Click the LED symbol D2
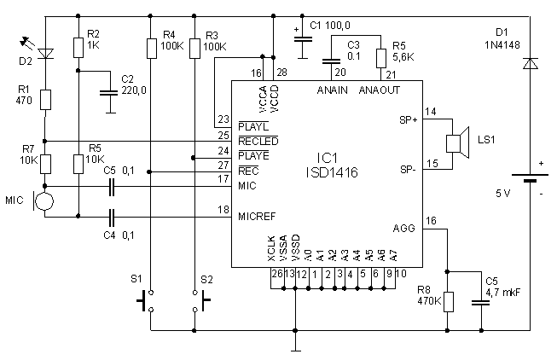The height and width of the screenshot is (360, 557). pyautogui.click(x=46, y=55)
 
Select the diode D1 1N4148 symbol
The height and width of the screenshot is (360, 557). pyautogui.click(x=529, y=64)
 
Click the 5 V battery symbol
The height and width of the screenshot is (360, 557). pyautogui.click(x=529, y=180)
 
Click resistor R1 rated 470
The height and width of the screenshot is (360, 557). pyautogui.click(x=46, y=100)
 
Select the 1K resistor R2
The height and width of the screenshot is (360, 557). pyautogui.click(x=78, y=48)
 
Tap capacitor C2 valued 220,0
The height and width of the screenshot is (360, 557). pyautogui.click(x=109, y=92)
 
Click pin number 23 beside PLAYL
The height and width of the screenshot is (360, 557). pyautogui.click(x=224, y=119)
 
